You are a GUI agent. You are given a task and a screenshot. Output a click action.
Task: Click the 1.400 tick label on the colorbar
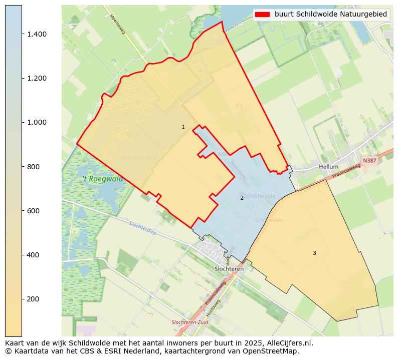point(37,34)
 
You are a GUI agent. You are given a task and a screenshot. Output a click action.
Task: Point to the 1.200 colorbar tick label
point(37,78)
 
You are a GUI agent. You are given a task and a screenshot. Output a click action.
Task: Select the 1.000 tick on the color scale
point(37,122)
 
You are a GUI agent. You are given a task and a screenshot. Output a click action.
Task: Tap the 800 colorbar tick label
point(33,166)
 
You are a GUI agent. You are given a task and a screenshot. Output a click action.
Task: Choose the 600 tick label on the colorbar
point(33,211)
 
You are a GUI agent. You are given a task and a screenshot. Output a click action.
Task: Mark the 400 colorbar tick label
point(33,255)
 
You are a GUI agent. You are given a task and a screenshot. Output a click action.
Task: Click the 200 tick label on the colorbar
point(33,299)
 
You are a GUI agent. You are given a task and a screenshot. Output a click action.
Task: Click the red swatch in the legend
point(262,15)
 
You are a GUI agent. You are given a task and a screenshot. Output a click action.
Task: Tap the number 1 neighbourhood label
point(183,127)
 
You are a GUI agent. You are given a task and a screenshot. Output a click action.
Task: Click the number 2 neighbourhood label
point(242,198)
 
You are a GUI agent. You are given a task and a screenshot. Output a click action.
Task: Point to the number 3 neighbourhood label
point(314,253)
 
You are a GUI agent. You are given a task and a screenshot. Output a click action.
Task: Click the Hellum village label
point(328,167)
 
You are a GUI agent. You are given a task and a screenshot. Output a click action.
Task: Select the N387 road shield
point(369,161)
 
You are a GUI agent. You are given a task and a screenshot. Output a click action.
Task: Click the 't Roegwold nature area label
point(103,179)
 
